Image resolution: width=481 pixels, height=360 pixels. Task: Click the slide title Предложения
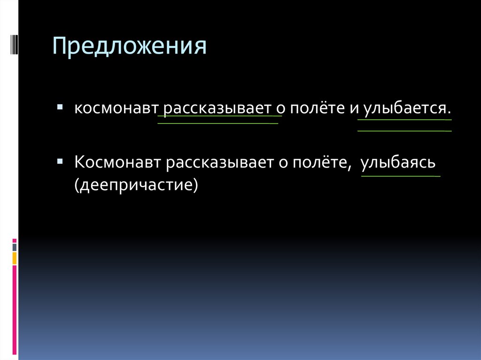129,47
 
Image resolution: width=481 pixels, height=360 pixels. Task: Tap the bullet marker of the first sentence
60,107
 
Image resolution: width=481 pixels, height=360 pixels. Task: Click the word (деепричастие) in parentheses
134,184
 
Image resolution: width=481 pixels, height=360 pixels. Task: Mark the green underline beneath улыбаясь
401,176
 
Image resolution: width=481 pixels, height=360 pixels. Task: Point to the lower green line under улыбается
404,130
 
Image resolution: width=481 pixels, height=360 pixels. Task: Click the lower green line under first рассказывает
217,123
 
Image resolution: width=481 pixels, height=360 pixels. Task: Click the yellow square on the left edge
15,258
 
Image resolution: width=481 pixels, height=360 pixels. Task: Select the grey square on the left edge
15,246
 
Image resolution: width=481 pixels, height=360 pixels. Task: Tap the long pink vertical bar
15,310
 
